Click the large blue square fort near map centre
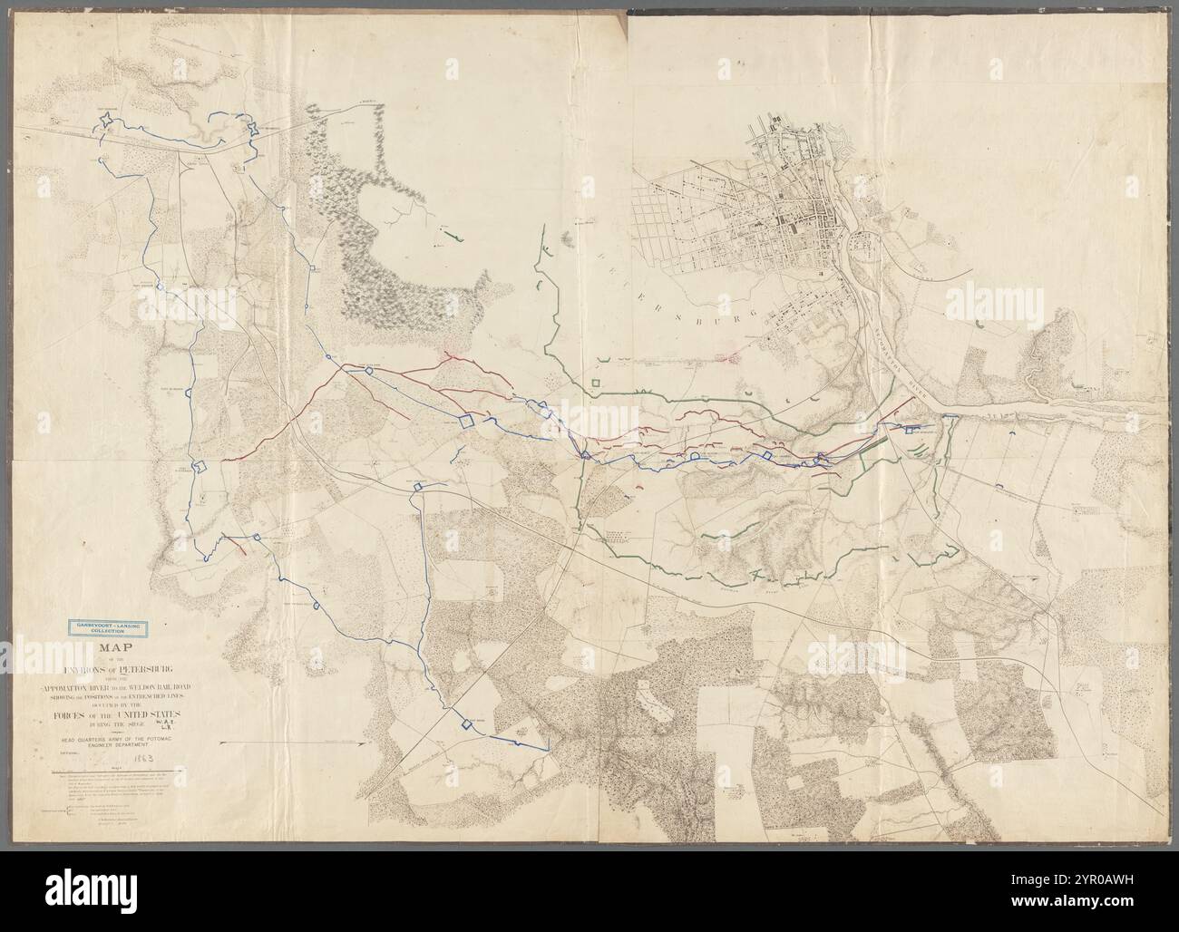[467, 420]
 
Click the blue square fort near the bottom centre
[467, 723]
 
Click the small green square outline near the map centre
[596, 383]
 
